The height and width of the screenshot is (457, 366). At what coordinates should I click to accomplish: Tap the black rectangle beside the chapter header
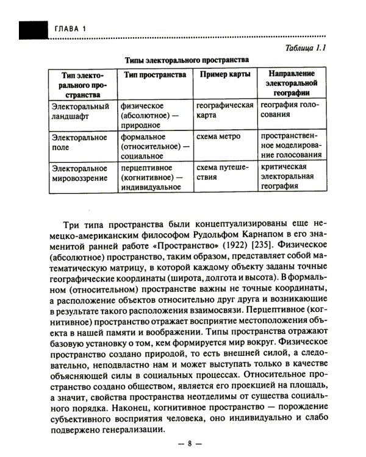tap(34, 29)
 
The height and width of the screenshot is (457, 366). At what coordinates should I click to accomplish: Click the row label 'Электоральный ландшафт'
tap(80, 110)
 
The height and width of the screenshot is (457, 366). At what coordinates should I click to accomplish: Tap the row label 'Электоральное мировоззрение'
tap(80, 172)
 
